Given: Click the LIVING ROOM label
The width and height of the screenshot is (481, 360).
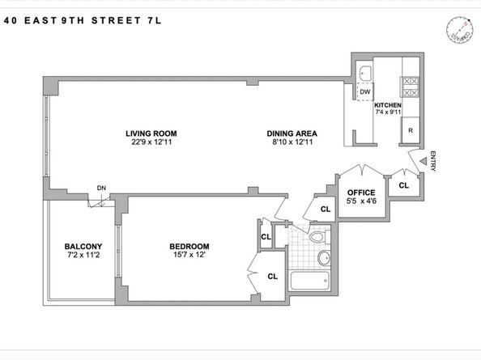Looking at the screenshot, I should click(151, 133).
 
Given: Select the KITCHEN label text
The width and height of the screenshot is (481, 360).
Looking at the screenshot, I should click(388, 105).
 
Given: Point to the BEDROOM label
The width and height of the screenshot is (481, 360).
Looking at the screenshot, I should click(189, 247).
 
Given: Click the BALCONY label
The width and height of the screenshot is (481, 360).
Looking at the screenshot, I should click(83, 247).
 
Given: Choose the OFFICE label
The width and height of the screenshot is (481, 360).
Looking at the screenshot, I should click(360, 193).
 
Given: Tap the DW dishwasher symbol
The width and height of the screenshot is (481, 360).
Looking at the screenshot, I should click(365, 91).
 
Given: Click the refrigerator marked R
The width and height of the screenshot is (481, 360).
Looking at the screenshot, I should click(411, 130).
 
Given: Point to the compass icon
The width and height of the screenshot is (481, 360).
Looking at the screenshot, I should click(458, 30).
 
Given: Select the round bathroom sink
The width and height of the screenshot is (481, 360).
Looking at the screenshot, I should click(323, 259).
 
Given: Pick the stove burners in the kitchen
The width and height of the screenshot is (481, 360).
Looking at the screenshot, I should click(409, 81).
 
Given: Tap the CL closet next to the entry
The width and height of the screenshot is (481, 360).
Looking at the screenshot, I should click(403, 185).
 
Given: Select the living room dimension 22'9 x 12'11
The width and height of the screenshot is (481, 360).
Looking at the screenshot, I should click(151, 143).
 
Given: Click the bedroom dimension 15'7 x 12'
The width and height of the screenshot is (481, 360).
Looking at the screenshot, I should click(189, 256).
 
